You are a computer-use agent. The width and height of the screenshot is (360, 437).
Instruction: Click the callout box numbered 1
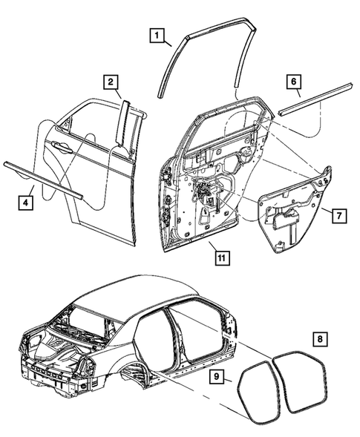(x=157, y=34)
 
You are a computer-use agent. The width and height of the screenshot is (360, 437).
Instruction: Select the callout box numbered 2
(x=109, y=82)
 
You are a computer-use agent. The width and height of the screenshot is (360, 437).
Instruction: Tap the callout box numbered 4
(x=26, y=200)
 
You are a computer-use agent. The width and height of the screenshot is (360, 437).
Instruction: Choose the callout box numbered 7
(x=336, y=216)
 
